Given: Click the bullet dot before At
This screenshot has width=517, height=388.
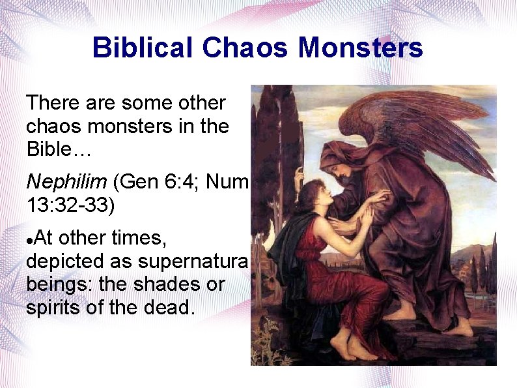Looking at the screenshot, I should (29, 241).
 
